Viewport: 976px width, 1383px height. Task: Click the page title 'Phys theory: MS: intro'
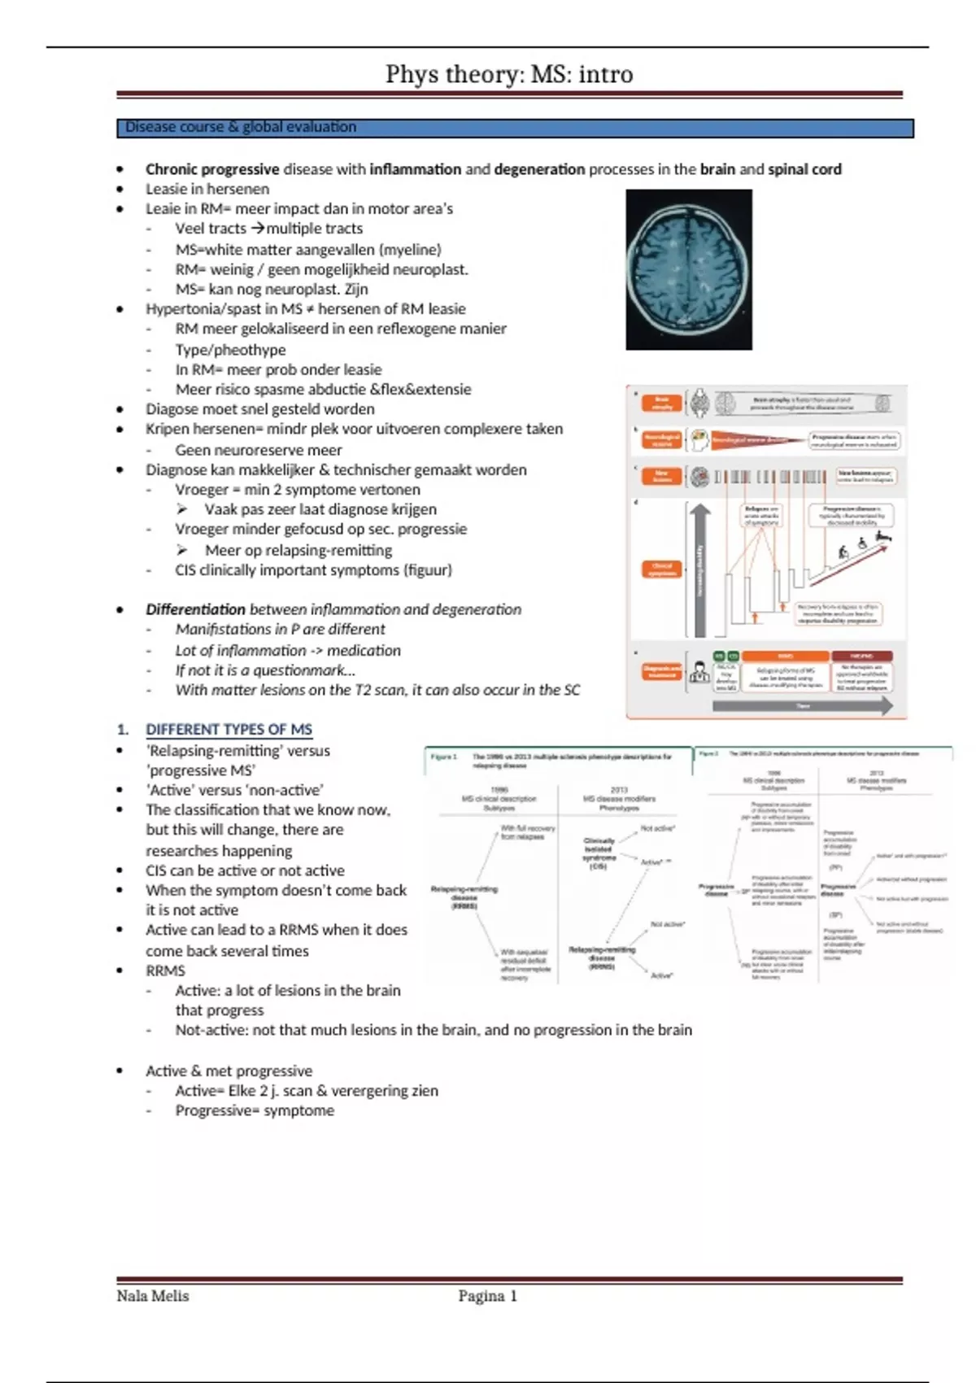point(509,74)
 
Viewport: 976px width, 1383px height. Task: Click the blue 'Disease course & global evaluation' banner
point(515,128)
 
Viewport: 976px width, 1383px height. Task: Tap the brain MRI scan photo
point(689,269)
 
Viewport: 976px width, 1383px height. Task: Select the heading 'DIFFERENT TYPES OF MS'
point(229,730)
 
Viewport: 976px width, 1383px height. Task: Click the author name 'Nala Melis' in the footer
point(153,1296)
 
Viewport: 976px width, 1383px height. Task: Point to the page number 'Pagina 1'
point(487,1296)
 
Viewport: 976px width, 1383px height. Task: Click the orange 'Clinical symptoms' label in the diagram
point(662,569)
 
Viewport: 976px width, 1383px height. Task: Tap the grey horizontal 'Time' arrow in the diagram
point(802,706)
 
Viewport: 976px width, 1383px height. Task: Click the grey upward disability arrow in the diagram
point(700,569)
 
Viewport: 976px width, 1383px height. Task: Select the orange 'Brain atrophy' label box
point(662,403)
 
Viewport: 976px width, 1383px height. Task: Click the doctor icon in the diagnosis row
point(699,673)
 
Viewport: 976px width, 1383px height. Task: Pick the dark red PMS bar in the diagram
point(861,656)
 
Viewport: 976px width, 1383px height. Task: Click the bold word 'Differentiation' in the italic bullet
point(195,609)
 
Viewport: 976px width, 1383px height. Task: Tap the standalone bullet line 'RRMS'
point(165,971)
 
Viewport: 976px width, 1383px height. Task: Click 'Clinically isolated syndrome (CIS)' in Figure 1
point(599,853)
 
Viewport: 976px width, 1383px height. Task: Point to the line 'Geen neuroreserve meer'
point(259,450)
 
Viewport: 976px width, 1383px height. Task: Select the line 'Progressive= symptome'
point(255,1110)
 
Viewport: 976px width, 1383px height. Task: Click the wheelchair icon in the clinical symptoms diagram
point(862,544)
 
